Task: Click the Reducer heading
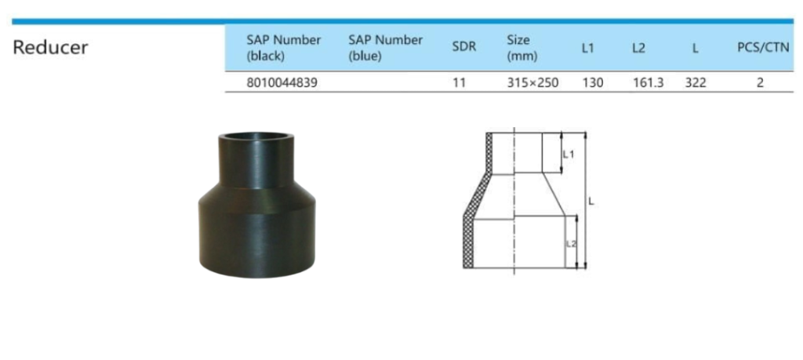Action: tap(50, 47)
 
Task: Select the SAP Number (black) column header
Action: tap(283, 47)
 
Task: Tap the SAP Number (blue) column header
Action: tap(385, 47)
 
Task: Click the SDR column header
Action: tap(463, 47)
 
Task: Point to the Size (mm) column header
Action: tap(519, 47)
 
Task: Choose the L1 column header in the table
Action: tap(588, 48)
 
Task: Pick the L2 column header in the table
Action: tap(638, 48)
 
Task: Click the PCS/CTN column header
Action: tap(760, 48)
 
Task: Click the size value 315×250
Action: tap(532, 82)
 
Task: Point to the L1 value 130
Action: tap(592, 82)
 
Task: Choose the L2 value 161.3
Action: tap(648, 82)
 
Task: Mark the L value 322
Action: tap(696, 82)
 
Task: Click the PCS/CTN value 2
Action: tap(760, 82)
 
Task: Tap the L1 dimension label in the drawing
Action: tap(569, 154)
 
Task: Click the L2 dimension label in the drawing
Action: tap(571, 244)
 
